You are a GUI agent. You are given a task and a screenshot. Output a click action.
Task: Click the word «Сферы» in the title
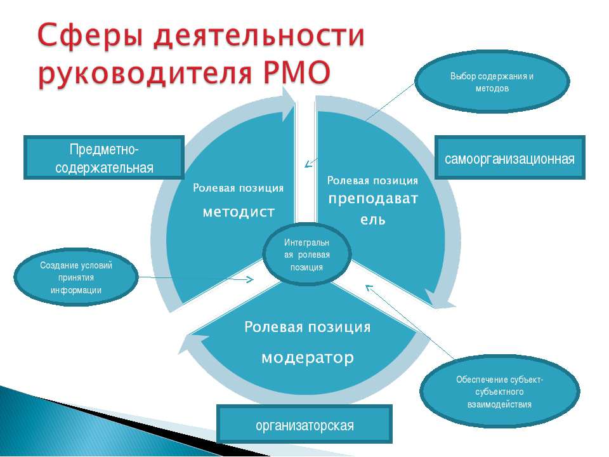click(x=91, y=36)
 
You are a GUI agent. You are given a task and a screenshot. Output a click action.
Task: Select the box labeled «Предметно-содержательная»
click(x=103, y=157)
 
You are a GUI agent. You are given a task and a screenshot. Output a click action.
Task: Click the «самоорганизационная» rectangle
click(x=509, y=157)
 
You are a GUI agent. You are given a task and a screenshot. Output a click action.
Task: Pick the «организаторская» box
click(x=304, y=424)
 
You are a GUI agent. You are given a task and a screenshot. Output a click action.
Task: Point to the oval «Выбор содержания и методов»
click(x=492, y=81)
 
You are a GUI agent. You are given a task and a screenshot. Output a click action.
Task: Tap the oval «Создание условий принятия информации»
click(x=76, y=277)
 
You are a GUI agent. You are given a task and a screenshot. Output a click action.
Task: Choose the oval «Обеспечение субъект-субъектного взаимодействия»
click(x=499, y=392)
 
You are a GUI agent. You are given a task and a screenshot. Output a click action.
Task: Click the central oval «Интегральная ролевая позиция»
click(x=307, y=255)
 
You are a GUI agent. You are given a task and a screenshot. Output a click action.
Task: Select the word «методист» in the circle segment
click(x=239, y=212)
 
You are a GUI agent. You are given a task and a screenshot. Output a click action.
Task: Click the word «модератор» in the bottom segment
click(x=308, y=357)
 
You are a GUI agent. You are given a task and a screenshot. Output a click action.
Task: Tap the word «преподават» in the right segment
click(x=373, y=199)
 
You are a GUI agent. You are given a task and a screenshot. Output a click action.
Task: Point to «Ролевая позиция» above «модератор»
click(x=307, y=328)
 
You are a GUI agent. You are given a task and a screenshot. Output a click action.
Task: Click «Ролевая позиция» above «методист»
click(x=238, y=188)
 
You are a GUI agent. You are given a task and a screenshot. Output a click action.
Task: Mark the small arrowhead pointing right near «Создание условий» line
click(x=249, y=279)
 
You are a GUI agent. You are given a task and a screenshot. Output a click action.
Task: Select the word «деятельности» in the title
click(x=259, y=36)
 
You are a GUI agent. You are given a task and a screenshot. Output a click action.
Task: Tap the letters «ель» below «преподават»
click(x=373, y=220)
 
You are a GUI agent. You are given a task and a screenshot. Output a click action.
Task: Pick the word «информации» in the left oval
click(x=76, y=290)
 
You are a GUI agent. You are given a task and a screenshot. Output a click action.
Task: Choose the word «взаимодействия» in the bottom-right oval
click(x=499, y=404)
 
